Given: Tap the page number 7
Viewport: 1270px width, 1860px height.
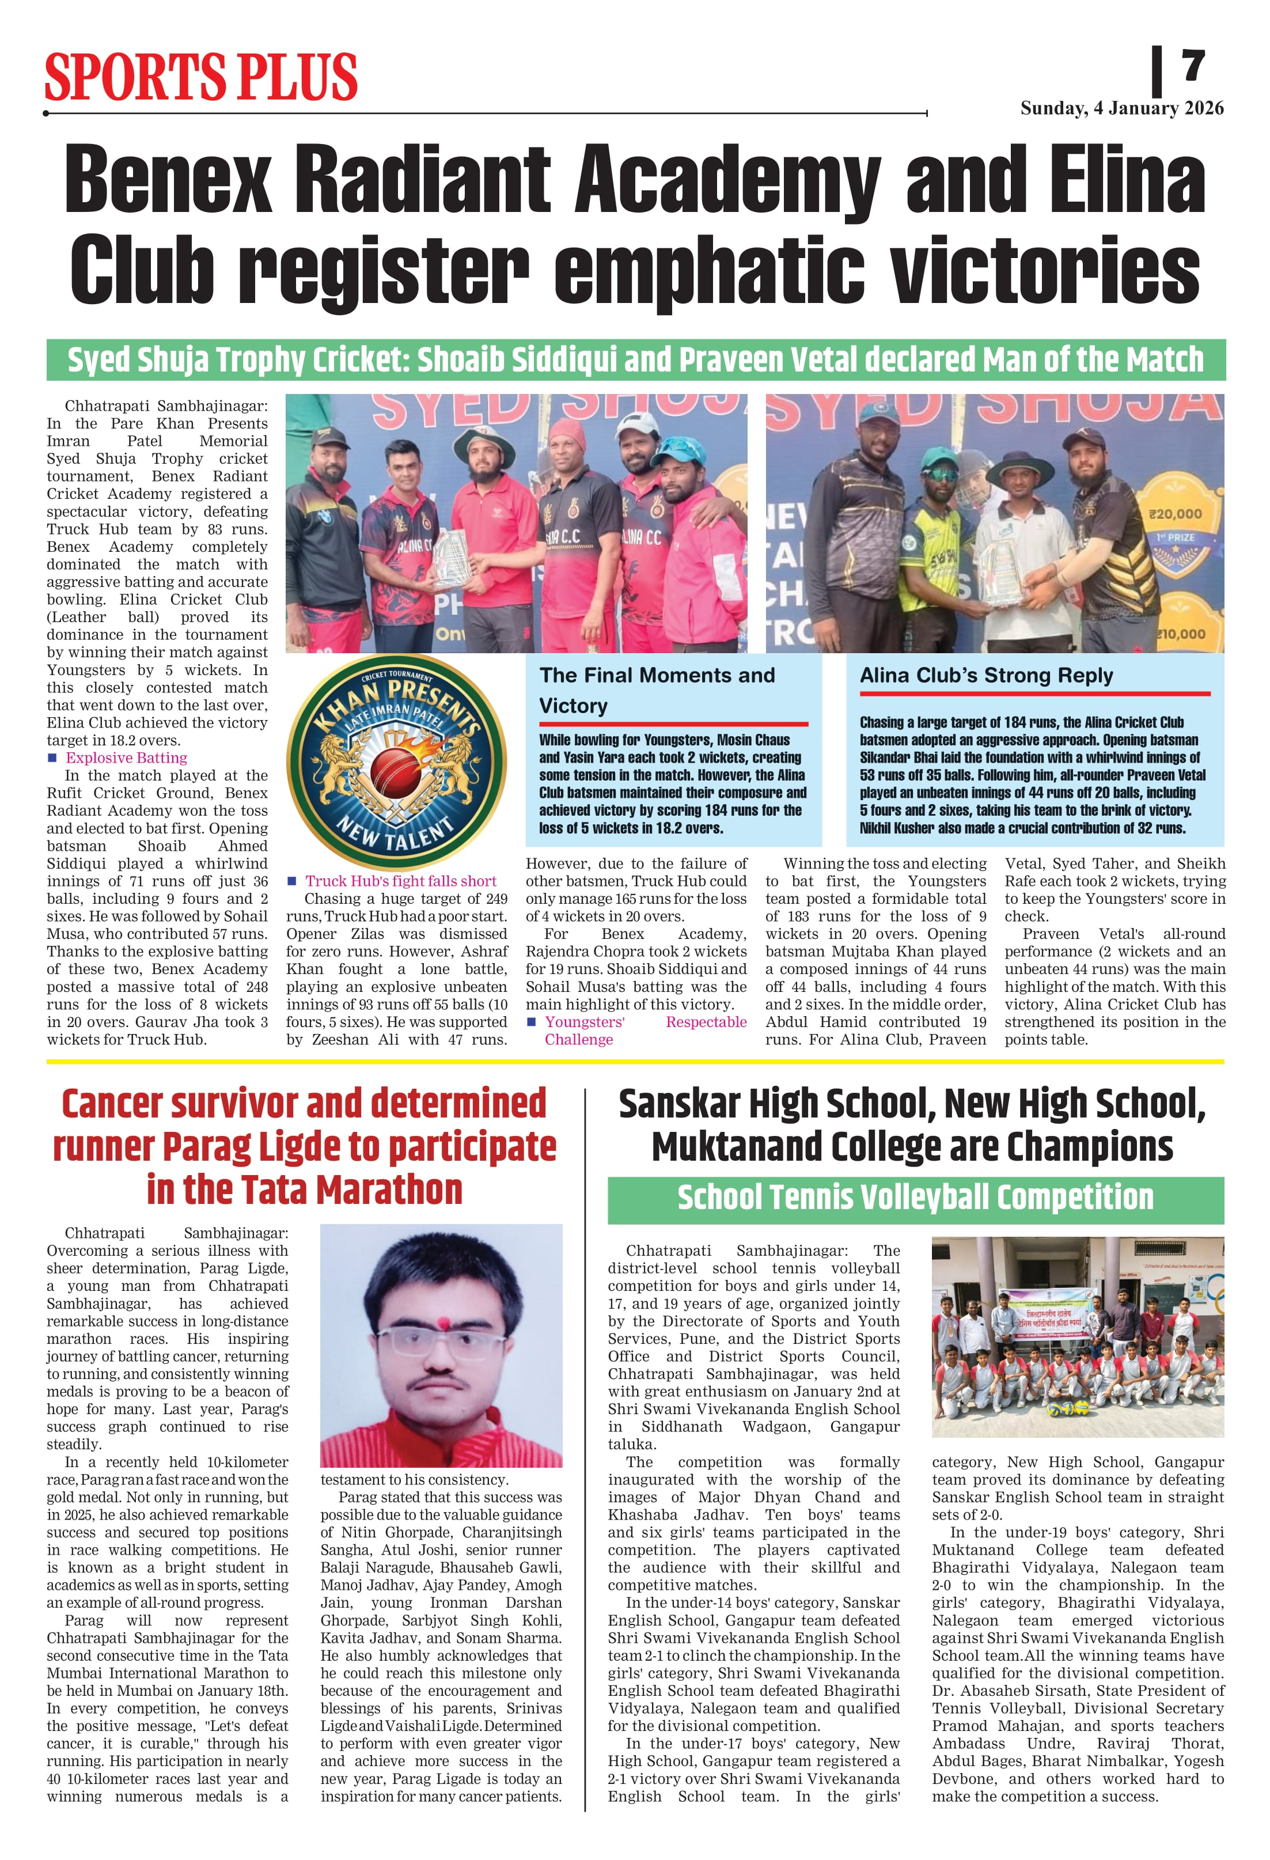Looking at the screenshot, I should (x=1193, y=66).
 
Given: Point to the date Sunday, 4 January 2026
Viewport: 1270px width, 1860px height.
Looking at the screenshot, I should (x=1121, y=109).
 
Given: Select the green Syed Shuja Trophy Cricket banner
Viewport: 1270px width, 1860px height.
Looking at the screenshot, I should (x=635, y=360).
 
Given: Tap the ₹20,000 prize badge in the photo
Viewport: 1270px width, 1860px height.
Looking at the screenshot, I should (x=1175, y=514).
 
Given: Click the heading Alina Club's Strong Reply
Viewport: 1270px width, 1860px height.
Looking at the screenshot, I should (x=986, y=676).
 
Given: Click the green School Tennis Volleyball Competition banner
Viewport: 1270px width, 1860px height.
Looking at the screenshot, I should (x=915, y=1198).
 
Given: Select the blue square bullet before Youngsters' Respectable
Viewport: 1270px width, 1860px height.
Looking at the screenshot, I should (x=532, y=1022).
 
